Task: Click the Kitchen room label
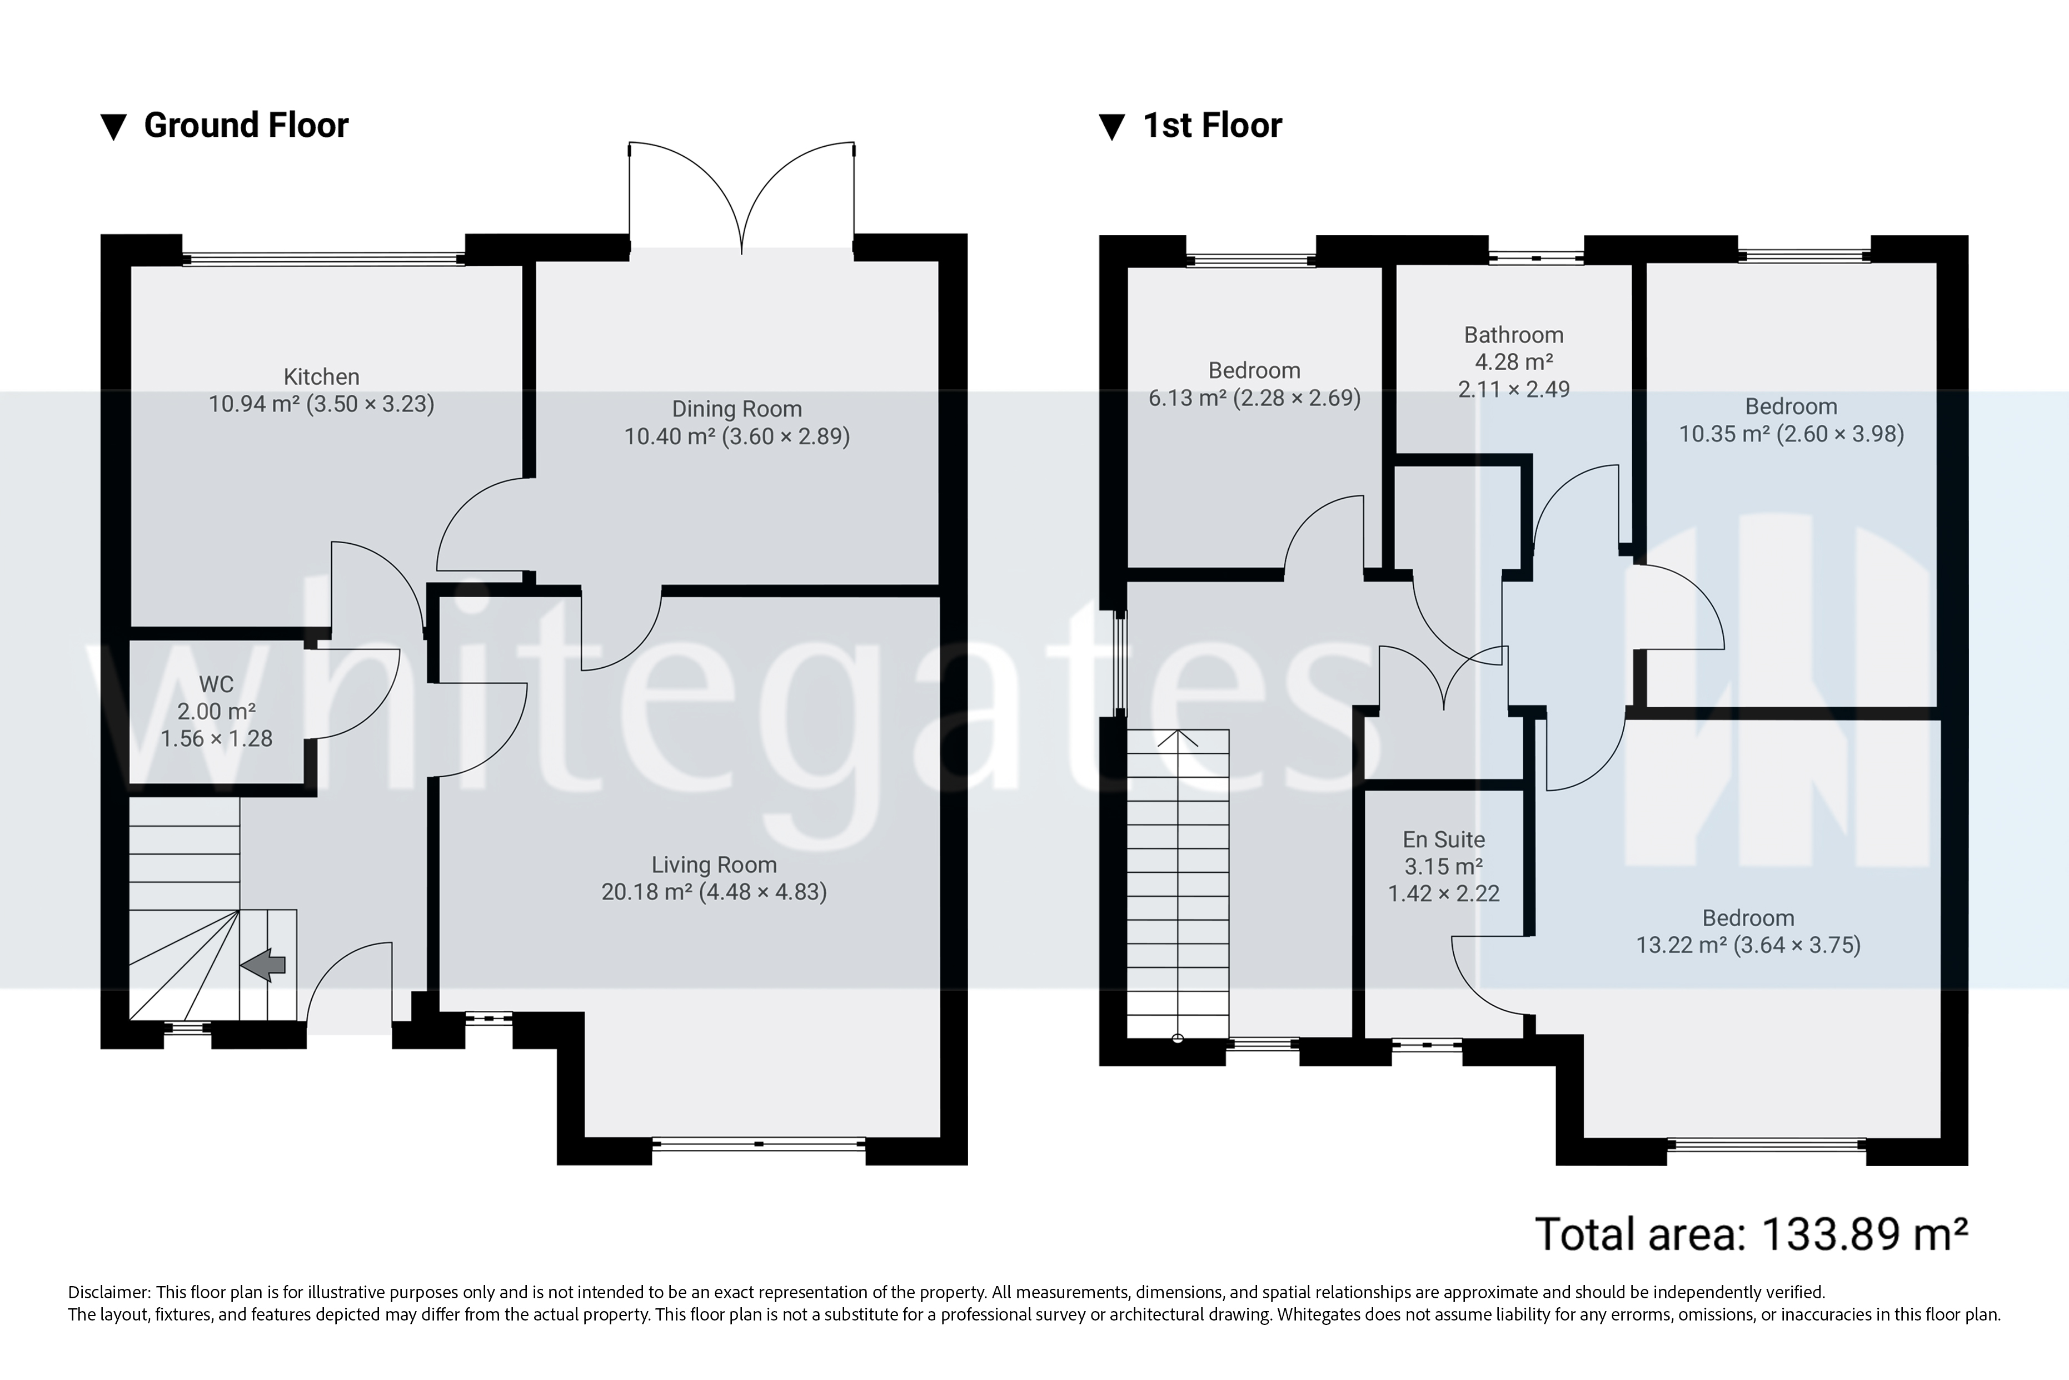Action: pyautogui.click(x=321, y=376)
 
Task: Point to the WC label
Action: pyautogui.click(x=216, y=684)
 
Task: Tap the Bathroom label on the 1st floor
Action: pyautogui.click(x=1513, y=335)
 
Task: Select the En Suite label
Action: pyautogui.click(x=1444, y=840)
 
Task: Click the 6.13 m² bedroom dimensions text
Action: pyautogui.click(x=1254, y=398)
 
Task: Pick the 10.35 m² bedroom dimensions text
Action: pyautogui.click(x=1791, y=434)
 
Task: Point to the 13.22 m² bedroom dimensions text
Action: pyautogui.click(x=1748, y=945)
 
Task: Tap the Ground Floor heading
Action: pyautogui.click(x=246, y=126)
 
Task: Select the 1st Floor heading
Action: pyautogui.click(x=1212, y=126)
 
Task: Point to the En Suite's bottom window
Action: pyautogui.click(x=1426, y=1045)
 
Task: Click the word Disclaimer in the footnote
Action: pyautogui.click(x=108, y=1293)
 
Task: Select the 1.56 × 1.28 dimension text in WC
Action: pyautogui.click(x=216, y=738)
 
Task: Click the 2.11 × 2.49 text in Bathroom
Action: pyautogui.click(x=1513, y=389)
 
